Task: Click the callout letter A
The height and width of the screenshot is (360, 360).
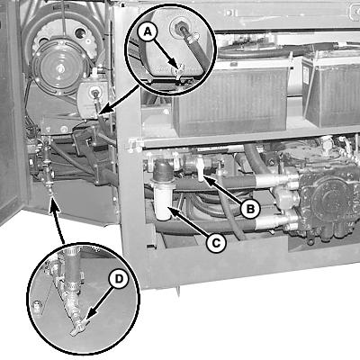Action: [x=147, y=32]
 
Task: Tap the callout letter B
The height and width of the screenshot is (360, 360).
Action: [x=250, y=209]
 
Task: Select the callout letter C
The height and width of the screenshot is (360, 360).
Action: [x=216, y=243]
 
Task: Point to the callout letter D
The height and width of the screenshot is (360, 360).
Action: [x=119, y=279]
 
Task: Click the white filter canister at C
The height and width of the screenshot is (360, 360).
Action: [x=164, y=201]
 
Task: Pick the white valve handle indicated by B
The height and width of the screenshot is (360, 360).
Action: [x=201, y=170]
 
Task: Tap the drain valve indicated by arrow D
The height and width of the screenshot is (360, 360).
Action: [x=77, y=325]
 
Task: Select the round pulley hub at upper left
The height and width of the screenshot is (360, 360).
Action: [x=61, y=68]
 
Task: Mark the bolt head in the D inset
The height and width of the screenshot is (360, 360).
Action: [x=37, y=307]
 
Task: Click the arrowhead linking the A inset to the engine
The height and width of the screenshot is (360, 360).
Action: [x=102, y=112]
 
